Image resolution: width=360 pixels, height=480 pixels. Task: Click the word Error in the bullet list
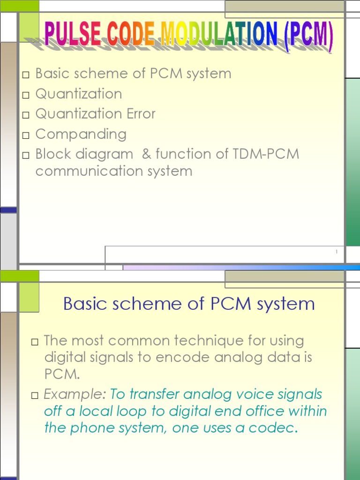click(141, 114)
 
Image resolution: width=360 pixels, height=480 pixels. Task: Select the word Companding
click(81, 134)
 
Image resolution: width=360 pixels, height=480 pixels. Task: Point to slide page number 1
click(337, 253)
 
